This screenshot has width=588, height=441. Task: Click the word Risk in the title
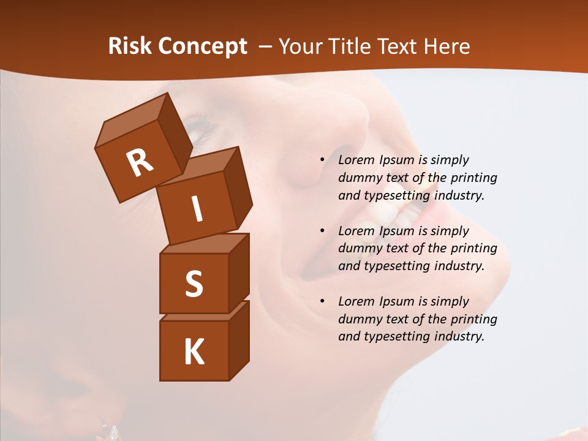(x=129, y=47)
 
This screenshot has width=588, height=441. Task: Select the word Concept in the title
(x=202, y=47)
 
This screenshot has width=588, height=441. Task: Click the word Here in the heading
(x=447, y=47)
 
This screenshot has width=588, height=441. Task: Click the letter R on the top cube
(x=140, y=162)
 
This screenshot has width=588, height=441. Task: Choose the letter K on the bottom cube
(x=194, y=352)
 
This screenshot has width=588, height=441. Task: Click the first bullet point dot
(x=322, y=160)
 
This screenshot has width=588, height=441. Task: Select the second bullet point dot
(x=322, y=231)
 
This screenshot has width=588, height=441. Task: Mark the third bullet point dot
(x=322, y=301)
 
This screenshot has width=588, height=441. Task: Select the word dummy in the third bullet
(x=356, y=319)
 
